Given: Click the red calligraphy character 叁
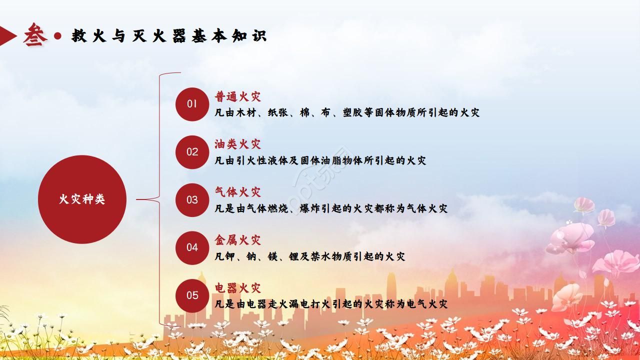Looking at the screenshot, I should tap(34, 35).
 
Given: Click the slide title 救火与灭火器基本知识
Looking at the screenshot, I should tap(169, 36).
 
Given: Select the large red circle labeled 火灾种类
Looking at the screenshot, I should tap(82, 199).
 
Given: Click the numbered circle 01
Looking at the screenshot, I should tap(192, 104).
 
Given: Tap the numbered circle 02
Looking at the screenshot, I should tap(192, 152).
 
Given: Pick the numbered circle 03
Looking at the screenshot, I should tap(192, 200).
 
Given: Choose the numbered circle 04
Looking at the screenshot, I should tap(192, 247).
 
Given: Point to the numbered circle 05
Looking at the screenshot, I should tap(192, 295).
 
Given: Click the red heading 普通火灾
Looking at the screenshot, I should tap(238, 96).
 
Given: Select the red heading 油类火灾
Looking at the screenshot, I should tap(238, 144).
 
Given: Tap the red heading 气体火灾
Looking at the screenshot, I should tap(238, 192).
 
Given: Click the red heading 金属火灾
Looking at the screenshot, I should tap(238, 240).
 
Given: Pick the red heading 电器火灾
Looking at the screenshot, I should tap(238, 288).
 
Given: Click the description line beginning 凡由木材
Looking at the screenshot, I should tap(347, 112).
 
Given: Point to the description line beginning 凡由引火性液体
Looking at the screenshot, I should tap(320, 160).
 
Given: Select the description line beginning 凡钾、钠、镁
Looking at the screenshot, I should tap(309, 256).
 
